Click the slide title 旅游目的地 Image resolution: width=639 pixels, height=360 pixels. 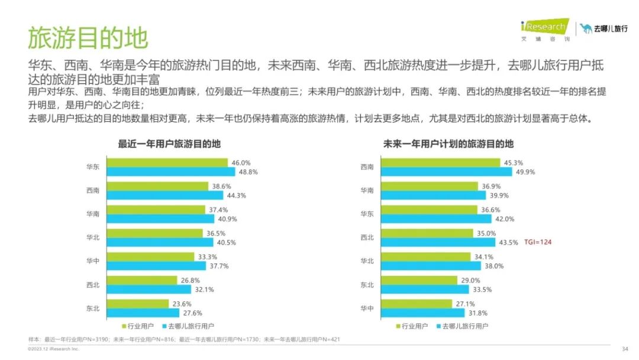tap(88, 38)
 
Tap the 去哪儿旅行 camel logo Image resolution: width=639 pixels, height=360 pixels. tap(603, 28)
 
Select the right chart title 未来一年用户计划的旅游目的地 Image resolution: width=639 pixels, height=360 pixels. tap(448, 144)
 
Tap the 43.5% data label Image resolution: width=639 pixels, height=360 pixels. tap(508, 243)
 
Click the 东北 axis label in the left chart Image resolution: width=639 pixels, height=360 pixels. tap(92, 308)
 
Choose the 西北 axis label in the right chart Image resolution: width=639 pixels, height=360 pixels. tap(367, 237)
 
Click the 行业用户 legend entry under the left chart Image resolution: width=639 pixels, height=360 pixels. tap(140, 326)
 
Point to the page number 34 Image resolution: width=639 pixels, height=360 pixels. tap(625, 349)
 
